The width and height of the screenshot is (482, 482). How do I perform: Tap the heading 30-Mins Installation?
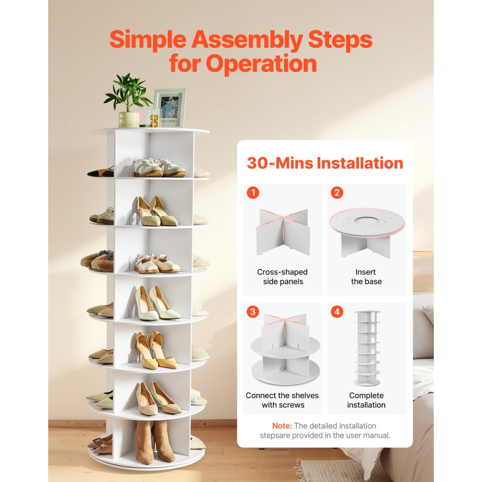click(325, 163)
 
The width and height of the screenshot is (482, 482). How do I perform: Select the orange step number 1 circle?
click(253, 193)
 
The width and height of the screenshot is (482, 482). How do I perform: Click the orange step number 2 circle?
click(336, 193)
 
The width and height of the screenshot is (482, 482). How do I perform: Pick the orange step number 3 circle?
click(253, 312)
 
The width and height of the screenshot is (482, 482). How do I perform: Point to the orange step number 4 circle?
click(336, 312)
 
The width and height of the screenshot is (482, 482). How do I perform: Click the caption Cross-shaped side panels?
click(282, 277)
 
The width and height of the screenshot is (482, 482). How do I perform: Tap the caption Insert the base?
click(366, 277)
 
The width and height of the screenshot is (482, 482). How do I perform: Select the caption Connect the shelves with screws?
click(282, 400)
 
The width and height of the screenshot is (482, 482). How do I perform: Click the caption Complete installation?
click(366, 400)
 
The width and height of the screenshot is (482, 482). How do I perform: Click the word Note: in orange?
click(282, 426)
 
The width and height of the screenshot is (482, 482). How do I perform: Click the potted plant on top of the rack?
click(128, 101)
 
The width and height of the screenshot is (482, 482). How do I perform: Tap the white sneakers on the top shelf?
click(158, 168)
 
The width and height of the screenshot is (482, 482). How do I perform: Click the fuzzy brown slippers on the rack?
click(98, 261)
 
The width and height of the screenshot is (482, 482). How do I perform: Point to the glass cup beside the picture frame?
click(153, 118)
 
